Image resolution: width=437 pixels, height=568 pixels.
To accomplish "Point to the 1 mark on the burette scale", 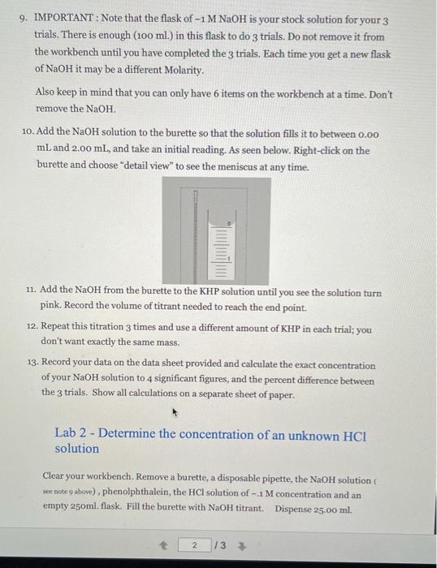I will tap(230, 259).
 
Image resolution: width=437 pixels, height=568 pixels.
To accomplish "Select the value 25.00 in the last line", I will tap(326, 509).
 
